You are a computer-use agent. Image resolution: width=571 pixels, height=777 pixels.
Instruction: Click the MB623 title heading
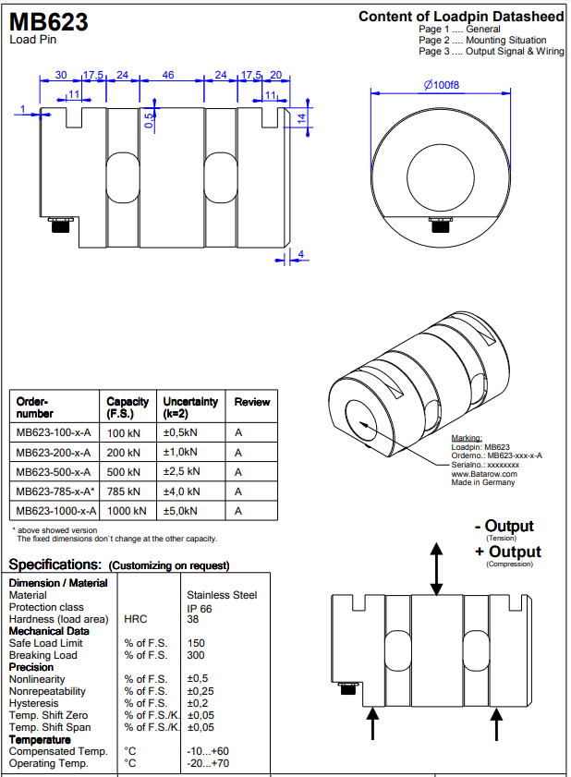pyautogui.click(x=49, y=21)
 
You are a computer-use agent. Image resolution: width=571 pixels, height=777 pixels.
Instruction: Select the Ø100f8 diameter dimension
pyautogui.click(x=441, y=85)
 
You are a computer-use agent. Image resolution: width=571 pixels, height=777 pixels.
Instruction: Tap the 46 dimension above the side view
pyautogui.click(x=168, y=75)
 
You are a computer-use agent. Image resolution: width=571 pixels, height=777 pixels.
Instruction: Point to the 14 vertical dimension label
pyautogui.click(x=301, y=118)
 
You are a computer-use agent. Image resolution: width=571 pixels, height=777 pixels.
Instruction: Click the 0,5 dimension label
pyautogui.click(x=149, y=120)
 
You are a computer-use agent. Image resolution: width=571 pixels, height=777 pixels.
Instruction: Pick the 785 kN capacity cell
pyautogui.click(x=124, y=492)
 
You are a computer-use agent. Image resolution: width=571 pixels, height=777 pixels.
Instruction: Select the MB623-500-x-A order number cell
pyautogui.click(x=54, y=472)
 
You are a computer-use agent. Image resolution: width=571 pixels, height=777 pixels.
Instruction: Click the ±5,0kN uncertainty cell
pyautogui.click(x=180, y=511)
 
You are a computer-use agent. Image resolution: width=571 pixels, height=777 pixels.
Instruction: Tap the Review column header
pyautogui.click(x=252, y=402)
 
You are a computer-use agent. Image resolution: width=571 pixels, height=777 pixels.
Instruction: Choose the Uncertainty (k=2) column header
pyautogui.click(x=190, y=407)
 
